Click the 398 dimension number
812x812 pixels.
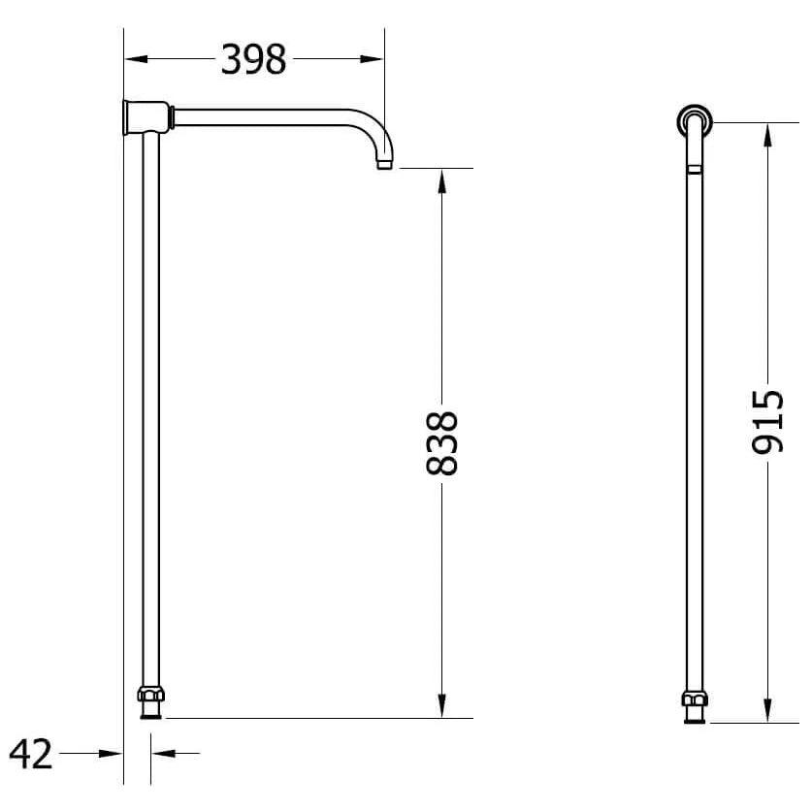pyautogui.click(x=254, y=60)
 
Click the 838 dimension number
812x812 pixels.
pyautogui.click(x=442, y=443)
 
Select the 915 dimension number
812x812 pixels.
pyautogui.click(x=768, y=421)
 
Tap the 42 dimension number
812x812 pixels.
pyautogui.click(x=30, y=753)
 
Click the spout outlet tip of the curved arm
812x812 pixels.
pyautogui.click(x=384, y=166)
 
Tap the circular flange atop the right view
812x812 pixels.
pyautogui.click(x=695, y=120)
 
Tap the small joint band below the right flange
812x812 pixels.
pyautogui.click(x=694, y=169)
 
